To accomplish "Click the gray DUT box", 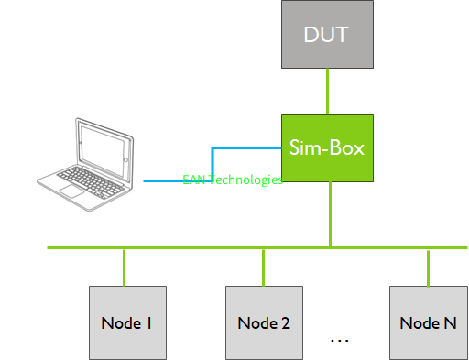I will (328, 35).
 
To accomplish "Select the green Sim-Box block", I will (328, 147).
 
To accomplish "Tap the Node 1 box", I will (126, 322).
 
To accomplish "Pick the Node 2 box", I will (264, 322).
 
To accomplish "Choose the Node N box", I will (428, 322).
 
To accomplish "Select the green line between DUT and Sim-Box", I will (328, 91).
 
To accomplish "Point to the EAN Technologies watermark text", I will (233, 180).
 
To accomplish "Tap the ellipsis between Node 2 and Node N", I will (339, 340).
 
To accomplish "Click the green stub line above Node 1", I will (125, 267).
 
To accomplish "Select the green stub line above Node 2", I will (264, 267).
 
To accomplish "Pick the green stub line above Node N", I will (428, 267).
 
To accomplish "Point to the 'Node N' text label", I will (428, 322).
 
